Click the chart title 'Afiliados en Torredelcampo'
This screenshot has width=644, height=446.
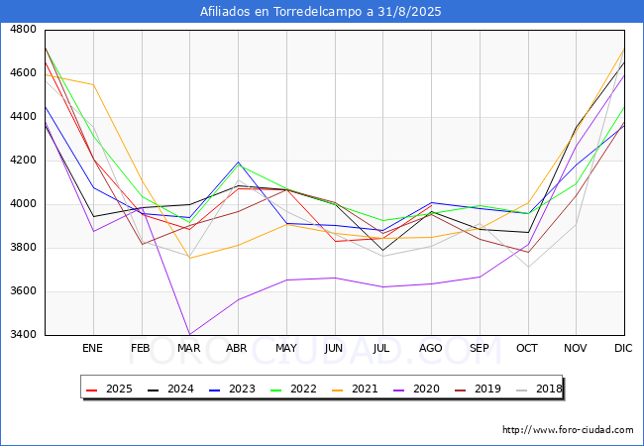(322, 12)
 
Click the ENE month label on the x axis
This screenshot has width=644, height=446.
(92, 349)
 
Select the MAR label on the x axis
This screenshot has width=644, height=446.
(188, 349)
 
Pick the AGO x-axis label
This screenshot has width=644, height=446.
(431, 349)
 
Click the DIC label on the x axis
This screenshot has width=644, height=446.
(623, 349)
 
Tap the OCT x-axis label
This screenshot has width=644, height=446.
(527, 349)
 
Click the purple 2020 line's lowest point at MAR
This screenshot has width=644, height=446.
(188, 335)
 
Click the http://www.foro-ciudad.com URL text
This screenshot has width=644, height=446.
(568, 430)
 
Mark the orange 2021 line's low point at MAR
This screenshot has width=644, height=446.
(188, 258)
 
